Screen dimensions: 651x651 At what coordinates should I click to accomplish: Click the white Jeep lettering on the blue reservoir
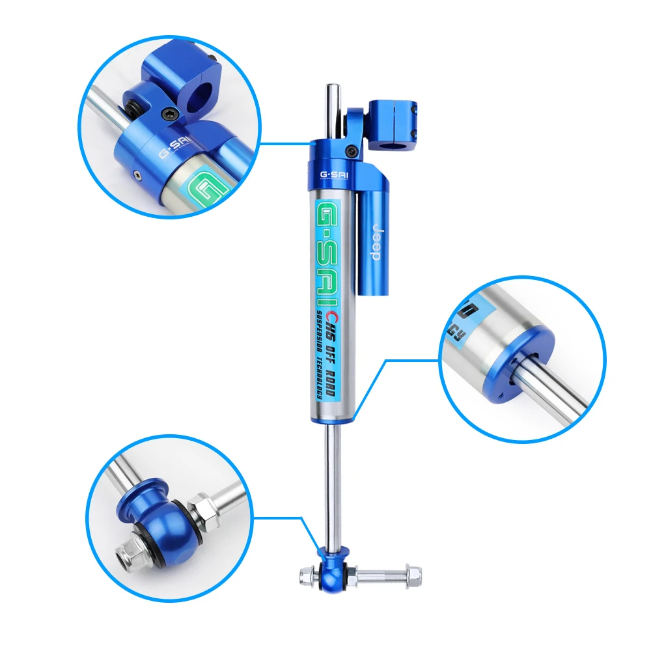coord(376,242)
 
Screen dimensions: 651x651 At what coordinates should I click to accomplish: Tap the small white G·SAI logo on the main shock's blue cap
coord(333,175)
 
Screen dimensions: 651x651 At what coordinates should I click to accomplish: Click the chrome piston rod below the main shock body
coord(332,482)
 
